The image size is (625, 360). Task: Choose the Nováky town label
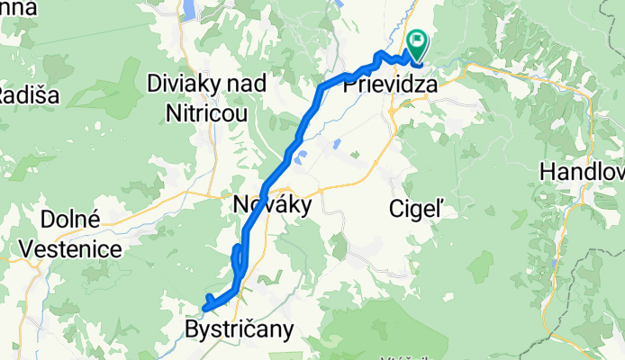[x=271, y=205]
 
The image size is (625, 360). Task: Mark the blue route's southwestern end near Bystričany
[x=205, y=309]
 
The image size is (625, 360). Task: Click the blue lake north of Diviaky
[x=191, y=8]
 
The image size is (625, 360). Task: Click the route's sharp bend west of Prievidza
[x=322, y=86]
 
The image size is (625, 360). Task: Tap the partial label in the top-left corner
[x=18, y=8]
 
